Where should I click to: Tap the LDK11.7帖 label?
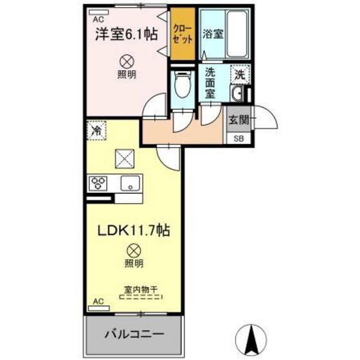[134, 230]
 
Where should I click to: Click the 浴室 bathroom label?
[213, 34]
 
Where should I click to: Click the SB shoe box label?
[239, 138]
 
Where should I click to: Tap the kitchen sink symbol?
[131, 183]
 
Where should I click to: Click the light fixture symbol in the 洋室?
[126, 62]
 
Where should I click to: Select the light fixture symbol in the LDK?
[134, 251]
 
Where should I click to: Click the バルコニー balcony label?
[134, 335]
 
